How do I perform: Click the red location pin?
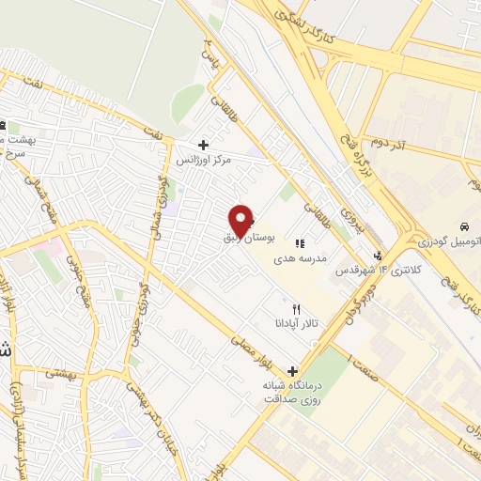click(241, 220)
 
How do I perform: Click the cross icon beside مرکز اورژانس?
click(203, 145)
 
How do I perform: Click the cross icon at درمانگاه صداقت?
click(294, 371)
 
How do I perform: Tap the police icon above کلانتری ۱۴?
click(379, 255)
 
